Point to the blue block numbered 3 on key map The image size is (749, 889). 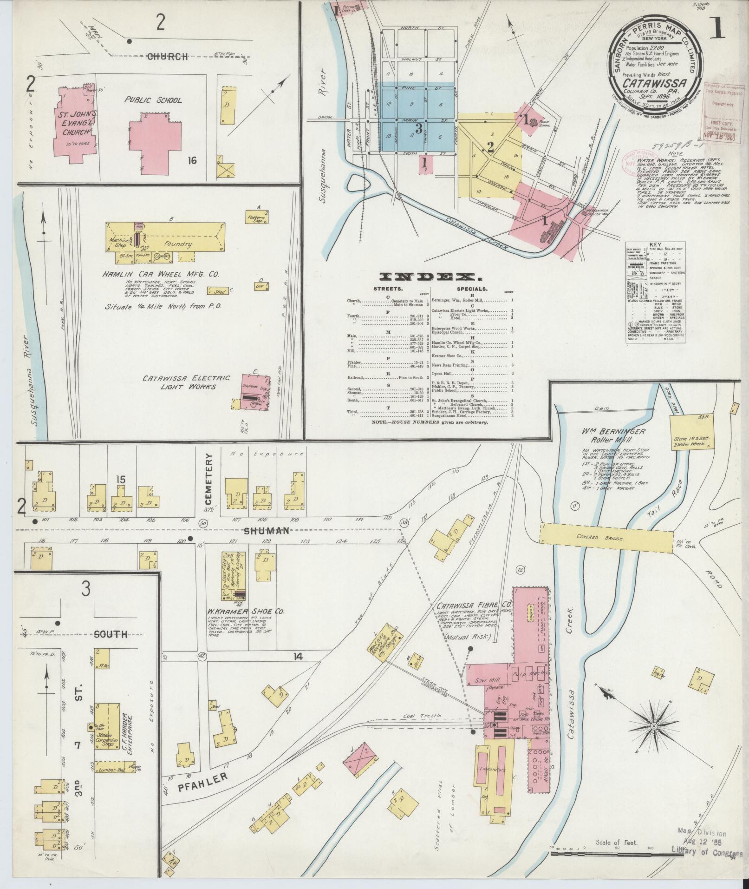(418, 129)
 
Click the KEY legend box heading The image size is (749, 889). (655, 245)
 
